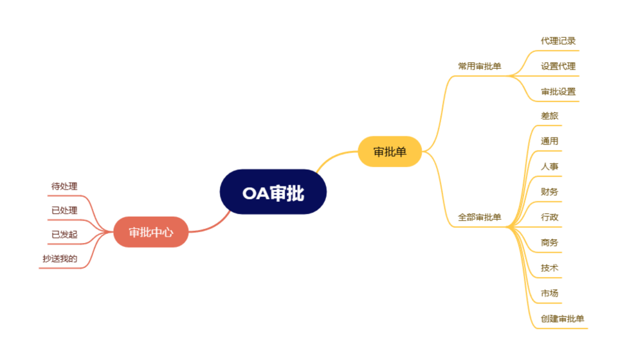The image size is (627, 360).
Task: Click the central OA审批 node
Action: (273, 192)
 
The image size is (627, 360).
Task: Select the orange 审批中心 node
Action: (151, 232)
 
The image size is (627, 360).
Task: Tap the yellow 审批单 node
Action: (390, 152)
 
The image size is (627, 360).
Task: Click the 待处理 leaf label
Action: (64, 186)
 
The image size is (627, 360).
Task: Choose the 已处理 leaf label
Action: (64, 211)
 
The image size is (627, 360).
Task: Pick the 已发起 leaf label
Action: (64, 235)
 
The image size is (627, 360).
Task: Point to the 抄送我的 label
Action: (60, 259)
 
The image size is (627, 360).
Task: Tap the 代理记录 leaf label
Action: (558, 41)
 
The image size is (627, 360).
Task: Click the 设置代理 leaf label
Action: (558, 66)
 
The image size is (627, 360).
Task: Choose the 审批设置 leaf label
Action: (558, 91)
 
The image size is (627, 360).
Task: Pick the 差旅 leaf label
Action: (550, 116)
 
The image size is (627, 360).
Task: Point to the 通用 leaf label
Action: (550, 141)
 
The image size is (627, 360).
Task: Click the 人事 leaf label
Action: (550, 166)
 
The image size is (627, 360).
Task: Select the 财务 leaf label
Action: (550, 192)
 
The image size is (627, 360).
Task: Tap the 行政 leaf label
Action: (550, 217)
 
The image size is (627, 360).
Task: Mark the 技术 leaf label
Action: (550, 268)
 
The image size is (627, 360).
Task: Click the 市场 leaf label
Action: (550, 293)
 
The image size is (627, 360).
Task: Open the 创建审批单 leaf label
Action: (563, 319)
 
